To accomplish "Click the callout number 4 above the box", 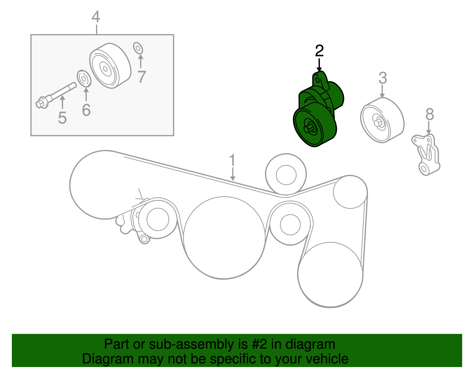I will [x=96, y=17].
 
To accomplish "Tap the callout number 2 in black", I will [x=319, y=51].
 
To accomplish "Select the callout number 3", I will [x=382, y=78].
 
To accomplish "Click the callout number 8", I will [x=430, y=114].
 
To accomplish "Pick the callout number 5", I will [x=62, y=118].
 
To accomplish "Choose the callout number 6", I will [x=86, y=110].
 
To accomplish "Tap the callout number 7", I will [x=142, y=77].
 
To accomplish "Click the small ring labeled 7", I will [x=138, y=48].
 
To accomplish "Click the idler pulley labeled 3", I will [x=382, y=120].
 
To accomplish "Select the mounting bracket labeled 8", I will [x=427, y=154].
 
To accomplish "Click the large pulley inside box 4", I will [x=110, y=66].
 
